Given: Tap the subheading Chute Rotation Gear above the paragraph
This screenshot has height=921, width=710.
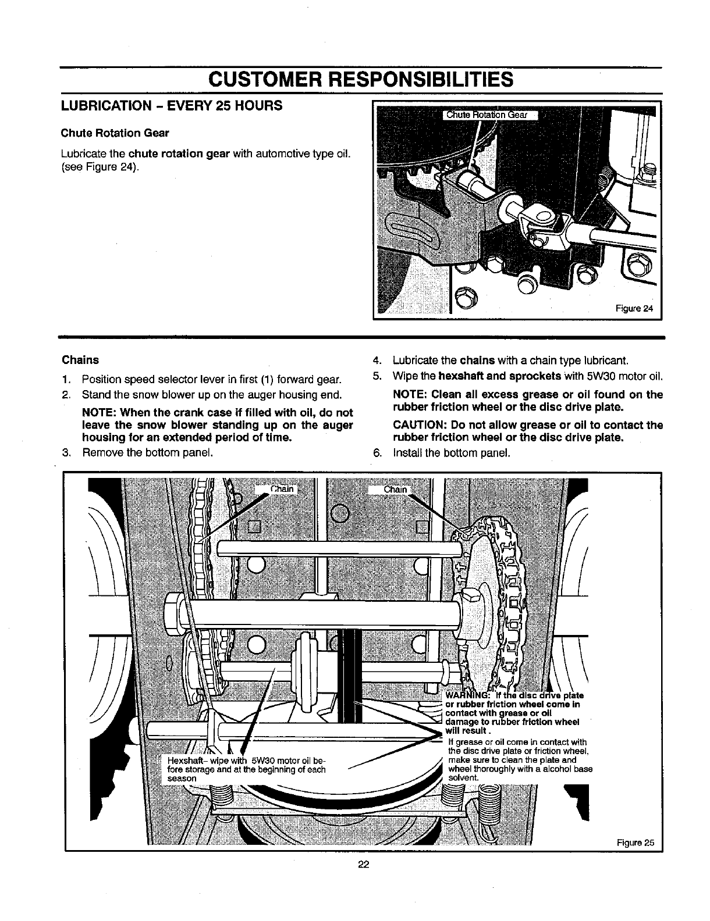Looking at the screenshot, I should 115,133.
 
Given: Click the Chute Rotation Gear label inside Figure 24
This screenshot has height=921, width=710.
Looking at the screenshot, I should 487,115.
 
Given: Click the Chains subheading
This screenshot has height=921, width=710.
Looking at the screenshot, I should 80,360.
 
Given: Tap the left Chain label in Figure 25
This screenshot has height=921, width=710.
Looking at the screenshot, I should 282,489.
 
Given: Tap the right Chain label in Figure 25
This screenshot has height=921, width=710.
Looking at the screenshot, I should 395,489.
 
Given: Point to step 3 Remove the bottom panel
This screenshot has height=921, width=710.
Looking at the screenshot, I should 146,452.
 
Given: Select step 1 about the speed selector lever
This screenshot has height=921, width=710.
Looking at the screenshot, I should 210,380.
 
